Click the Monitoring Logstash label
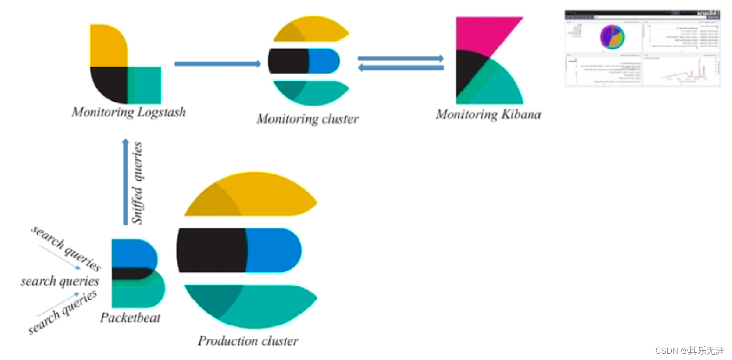pos(129,112)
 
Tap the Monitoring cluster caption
pos(307,119)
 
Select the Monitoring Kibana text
pos(488,114)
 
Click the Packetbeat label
pos(130,317)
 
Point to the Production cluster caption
pos(248,341)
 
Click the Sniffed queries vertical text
pos(137,183)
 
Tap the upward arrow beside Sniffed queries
pos(125,182)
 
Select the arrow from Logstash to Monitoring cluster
pos(217,64)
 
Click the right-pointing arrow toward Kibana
pos(400,58)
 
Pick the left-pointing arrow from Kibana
pos(400,68)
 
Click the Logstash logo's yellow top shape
pos(108,46)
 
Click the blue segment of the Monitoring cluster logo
pos(324,61)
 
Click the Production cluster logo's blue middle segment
pos(274,250)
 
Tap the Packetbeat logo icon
pos(137,273)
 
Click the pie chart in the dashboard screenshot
pos(612,37)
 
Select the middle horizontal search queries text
pos(59,281)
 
